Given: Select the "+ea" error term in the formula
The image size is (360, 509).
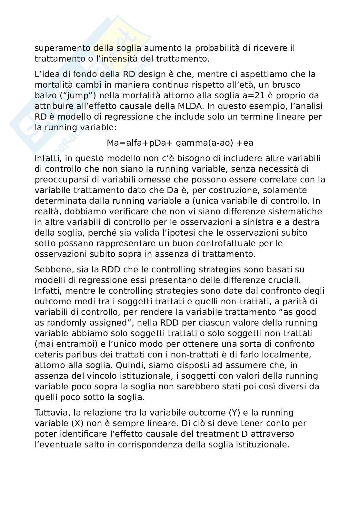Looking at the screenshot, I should (245, 143).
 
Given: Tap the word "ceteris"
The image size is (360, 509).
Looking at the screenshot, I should (48, 355).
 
